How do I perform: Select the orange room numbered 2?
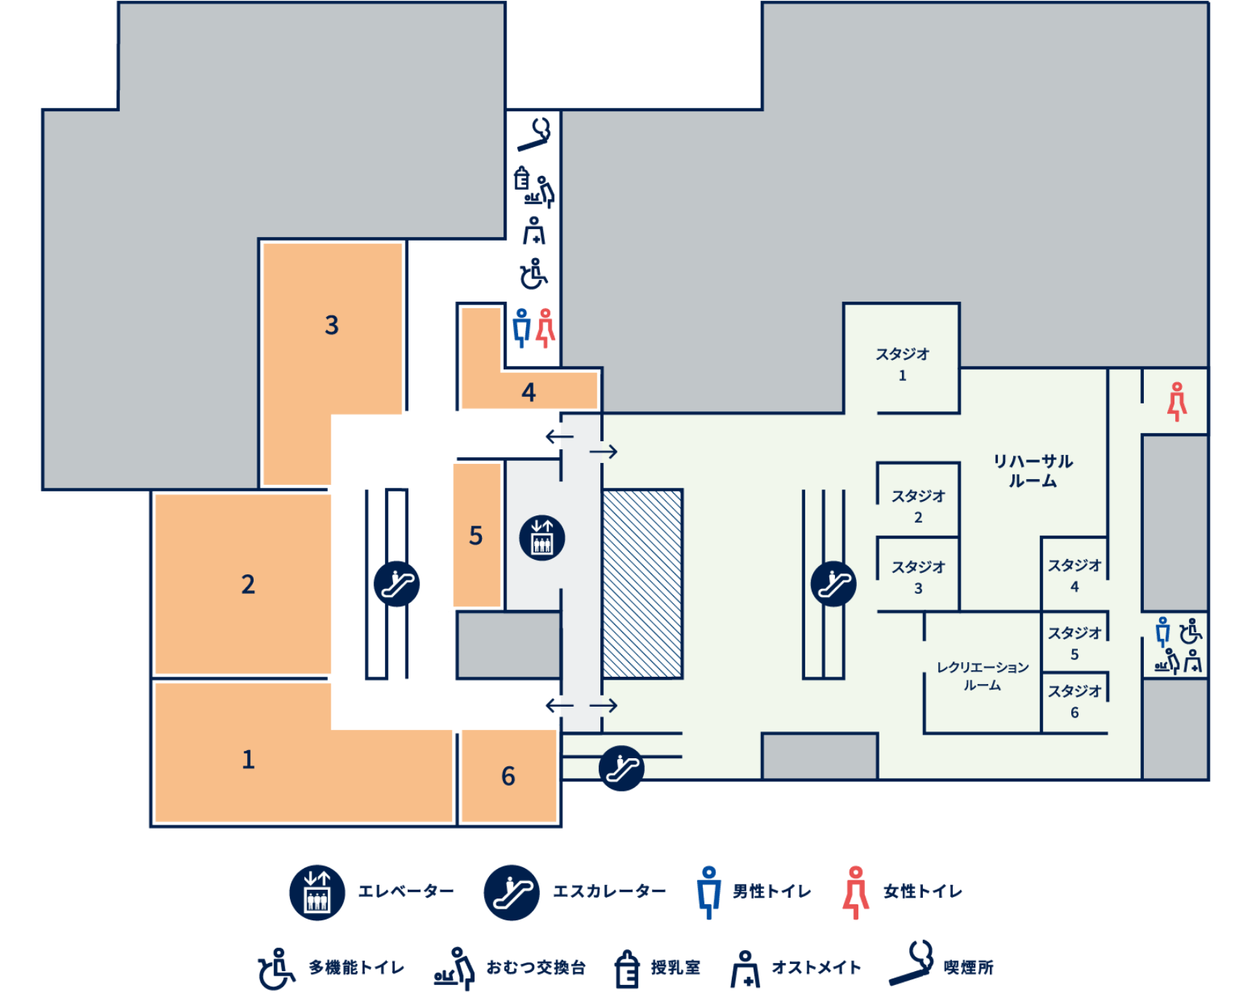coord(243,584)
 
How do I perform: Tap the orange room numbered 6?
coord(509,776)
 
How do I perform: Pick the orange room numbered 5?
coord(477,535)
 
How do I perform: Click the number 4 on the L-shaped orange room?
coord(528,393)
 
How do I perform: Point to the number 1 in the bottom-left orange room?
coord(249,759)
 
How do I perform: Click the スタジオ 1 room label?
coord(903,364)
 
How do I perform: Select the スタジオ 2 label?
coord(919,506)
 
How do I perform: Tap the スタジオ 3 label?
coord(919,577)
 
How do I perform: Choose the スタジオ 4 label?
coord(1075,576)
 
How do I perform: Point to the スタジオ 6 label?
coord(1075,701)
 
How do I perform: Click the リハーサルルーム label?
coord(1033,470)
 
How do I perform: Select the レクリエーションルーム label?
coord(983,676)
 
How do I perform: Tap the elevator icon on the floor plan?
coord(542,538)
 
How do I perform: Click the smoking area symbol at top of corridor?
coord(536,134)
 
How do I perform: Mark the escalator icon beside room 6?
coord(621,768)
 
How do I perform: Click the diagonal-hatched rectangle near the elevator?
coord(642,584)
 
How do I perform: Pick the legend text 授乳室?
coord(675,968)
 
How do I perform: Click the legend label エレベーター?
coord(406,891)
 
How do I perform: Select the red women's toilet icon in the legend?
coord(856,892)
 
